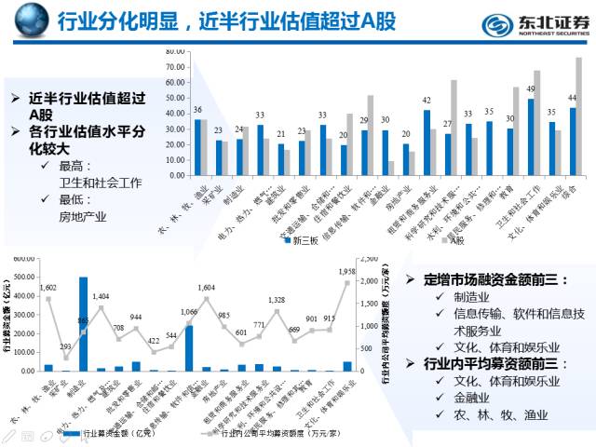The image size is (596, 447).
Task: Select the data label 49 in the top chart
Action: [531, 90]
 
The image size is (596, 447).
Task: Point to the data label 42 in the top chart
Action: [427, 101]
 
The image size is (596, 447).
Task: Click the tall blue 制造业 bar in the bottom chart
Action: [83, 324]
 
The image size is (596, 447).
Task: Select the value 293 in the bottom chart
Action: [65, 346]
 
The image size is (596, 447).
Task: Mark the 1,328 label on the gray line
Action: [277, 300]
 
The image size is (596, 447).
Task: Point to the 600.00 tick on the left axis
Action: [27, 257]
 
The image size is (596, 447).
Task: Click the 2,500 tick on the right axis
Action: [370, 257]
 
